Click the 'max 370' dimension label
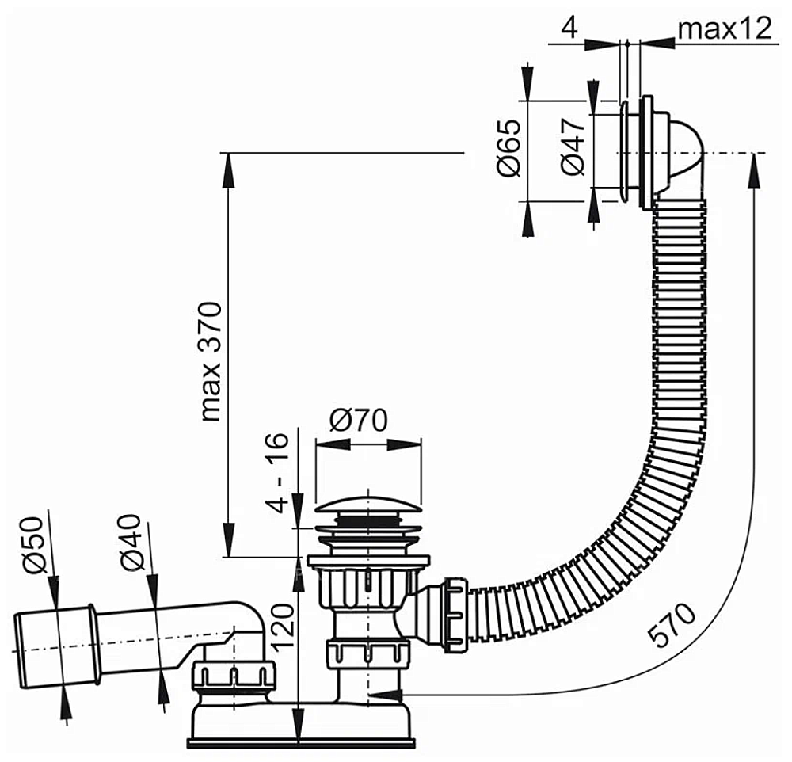[211, 362]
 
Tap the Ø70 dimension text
[359, 420]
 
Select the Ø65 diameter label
[509, 148]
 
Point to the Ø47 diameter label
[573, 147]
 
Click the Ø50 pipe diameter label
[36, 545]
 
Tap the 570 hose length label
[672, 624]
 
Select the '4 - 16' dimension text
[277, 473]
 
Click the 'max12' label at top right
[725, 29]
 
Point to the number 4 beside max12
[569, 27]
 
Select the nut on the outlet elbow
[234, 676]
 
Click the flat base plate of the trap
[301, 743]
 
